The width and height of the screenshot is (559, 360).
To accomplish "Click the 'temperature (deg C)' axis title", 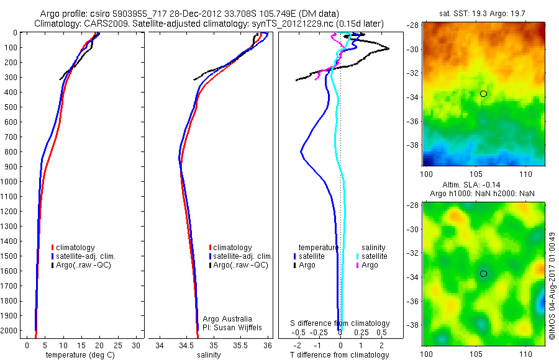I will (x=78, y=355).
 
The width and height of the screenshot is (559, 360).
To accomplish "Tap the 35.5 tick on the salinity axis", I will (x=241, y=345).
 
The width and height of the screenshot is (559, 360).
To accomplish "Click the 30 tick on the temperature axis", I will (x=136, y=345).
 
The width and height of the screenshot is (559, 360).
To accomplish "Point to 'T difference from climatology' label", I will (x=340, y=355).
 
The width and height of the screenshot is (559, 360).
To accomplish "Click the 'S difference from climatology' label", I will (x=340, y=323).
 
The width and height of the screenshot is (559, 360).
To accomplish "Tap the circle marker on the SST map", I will (x=483, y=94).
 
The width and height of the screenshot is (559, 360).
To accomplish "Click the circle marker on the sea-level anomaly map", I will (x=483, y=274).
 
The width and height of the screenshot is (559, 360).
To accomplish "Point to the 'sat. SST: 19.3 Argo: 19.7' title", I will (x=483, y=14).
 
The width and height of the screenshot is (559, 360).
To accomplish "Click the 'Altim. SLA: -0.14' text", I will (x=483, y=185).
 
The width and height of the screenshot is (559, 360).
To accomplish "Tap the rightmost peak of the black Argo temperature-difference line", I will (x=389, y=48).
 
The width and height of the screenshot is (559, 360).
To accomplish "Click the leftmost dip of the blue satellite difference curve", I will (x=301, y=151).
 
